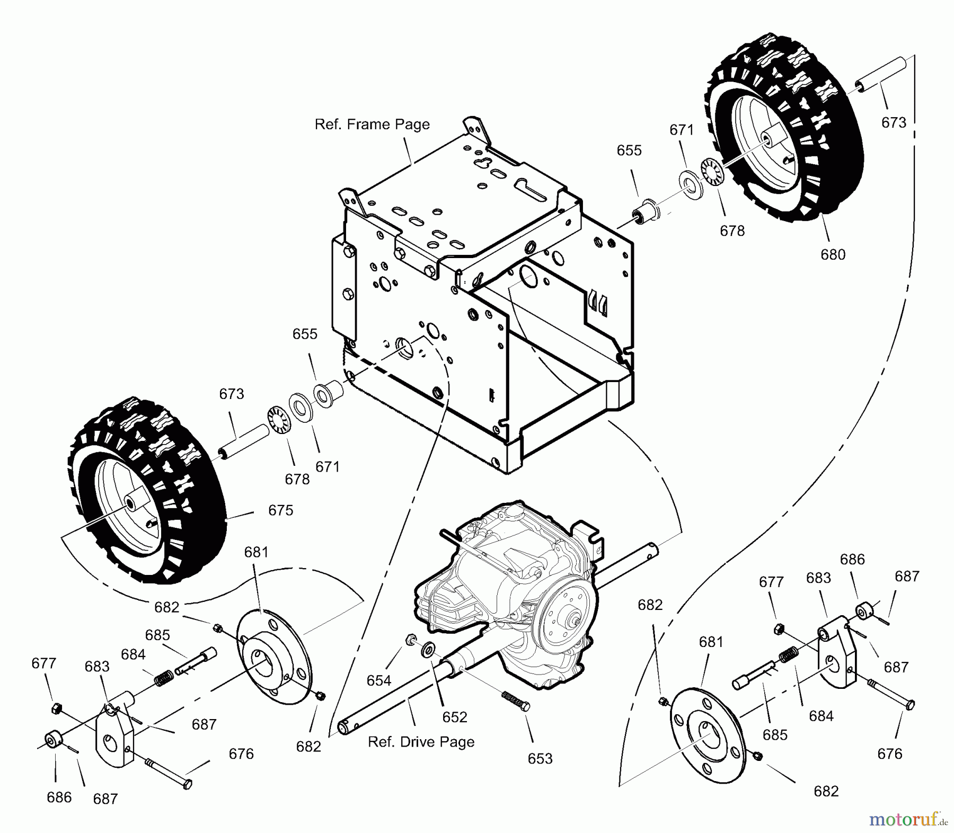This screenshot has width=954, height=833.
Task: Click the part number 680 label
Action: [833, 255]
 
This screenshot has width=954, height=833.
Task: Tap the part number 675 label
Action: [280, 510]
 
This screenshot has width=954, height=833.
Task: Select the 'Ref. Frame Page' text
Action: [372, 125]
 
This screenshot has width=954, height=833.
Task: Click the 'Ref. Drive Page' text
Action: [421, 742]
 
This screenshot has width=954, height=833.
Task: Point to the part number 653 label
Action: [540, 759]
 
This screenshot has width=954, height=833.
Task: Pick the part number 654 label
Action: [379, 680]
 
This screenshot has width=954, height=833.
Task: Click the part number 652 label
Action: [455, 717]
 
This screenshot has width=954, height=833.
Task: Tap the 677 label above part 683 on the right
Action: [771, 582]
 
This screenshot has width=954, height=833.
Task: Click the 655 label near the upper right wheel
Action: [629, 150]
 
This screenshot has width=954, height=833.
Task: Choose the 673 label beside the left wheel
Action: [232, 394]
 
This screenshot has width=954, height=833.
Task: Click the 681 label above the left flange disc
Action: [256, 552]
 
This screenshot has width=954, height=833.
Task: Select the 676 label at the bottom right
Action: [889, 754]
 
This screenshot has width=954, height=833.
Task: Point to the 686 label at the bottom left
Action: [59, 797]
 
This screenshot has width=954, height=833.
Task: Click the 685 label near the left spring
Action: [157, 635]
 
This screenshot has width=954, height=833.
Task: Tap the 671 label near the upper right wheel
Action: [681, 130]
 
